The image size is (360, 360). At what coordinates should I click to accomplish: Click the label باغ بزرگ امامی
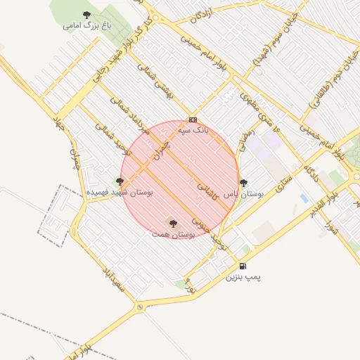click(87, 26)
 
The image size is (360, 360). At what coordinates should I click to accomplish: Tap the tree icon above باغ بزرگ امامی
click(86, 14)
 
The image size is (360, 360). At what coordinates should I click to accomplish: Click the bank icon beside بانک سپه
click(193, 120)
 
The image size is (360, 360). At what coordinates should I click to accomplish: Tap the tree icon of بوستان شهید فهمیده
click(119, 181)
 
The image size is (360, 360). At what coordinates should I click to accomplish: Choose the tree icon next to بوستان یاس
click(243, 183)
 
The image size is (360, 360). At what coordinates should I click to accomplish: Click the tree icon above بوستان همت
click(173, 222)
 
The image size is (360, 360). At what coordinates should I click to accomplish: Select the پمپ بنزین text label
click(243, 278)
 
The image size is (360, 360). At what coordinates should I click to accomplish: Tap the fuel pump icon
click(243, 266)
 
